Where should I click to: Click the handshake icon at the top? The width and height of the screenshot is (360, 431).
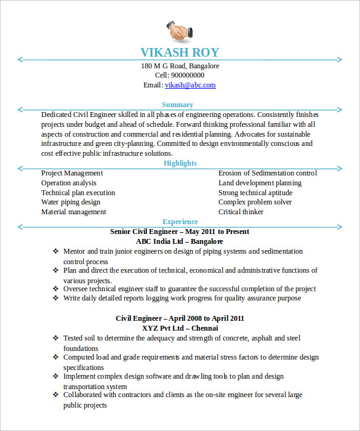tap(179, 30)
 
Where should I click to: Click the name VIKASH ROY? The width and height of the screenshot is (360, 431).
tap(180, 52)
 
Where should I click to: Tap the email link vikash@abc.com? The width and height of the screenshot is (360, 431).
tap(190, 86)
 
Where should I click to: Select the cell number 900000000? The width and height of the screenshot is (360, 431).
tap(188, 76)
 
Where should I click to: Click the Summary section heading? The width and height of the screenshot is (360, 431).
tap(177, 105)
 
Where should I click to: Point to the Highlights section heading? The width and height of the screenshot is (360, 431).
tap(180, 163)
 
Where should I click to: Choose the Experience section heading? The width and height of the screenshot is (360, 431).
tap(180, 222)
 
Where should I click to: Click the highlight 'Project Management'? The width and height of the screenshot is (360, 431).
tap(71, 174)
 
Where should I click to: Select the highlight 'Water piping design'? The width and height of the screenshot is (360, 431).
tap(70, 202)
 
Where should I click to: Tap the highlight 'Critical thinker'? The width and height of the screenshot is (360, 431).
tap(241, 212)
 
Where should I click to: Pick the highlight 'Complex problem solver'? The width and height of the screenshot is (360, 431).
tap(255, 202)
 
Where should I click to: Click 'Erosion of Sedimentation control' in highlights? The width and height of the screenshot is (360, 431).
tap(267, 174)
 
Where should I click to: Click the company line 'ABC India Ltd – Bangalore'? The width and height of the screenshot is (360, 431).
tap(180, 241)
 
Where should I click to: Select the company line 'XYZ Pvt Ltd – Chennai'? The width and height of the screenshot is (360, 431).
tap(180, 328)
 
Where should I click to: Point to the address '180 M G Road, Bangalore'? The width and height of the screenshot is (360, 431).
tap(180, 66)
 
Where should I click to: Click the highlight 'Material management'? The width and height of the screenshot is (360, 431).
tap(73, 212)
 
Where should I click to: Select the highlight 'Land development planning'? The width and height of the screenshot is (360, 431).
tap(260, 183)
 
